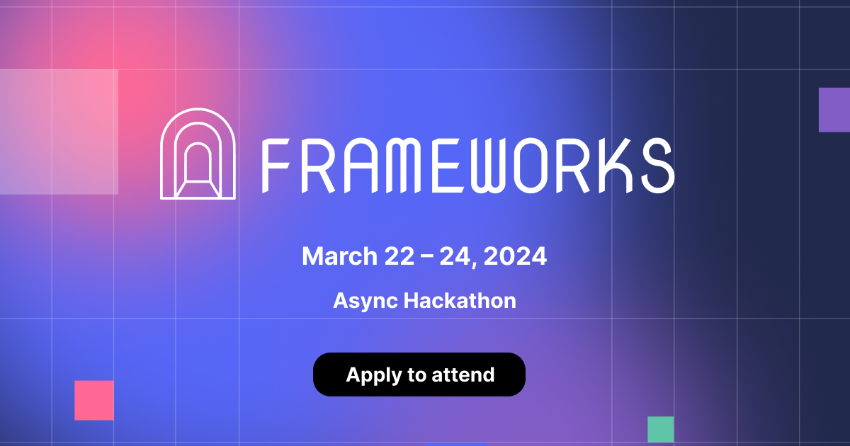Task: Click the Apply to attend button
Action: point(419,374)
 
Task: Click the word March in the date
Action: point(339,256)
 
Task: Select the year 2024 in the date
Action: point(515,256)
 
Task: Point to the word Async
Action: point(365,302)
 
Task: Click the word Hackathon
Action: point(460,300)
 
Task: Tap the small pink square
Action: point(94,400)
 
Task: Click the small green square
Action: point(661,429)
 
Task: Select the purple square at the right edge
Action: point(834,110)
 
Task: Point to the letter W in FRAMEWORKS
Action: point(492,166)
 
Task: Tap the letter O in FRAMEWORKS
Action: point(534,166)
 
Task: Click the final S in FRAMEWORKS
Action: point(658,166)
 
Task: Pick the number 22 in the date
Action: point(399,256)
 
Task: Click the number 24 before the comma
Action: point(455,256)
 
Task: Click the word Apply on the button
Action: point(373,375)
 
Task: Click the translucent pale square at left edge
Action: point(59,132)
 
